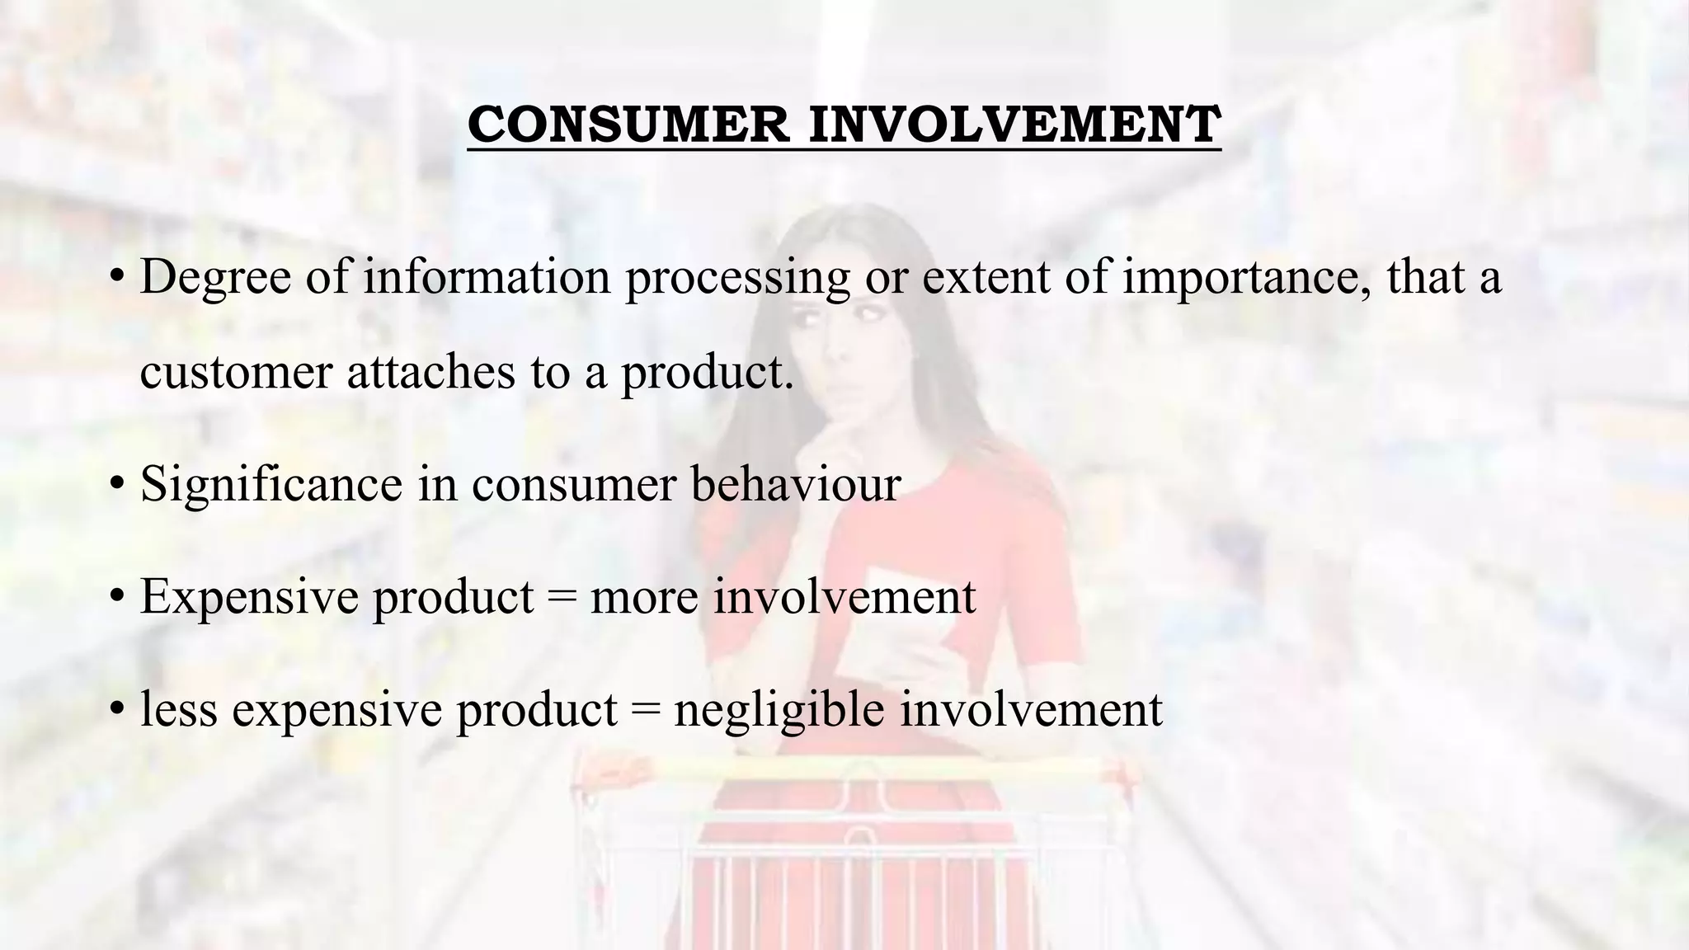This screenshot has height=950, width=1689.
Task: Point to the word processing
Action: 736,278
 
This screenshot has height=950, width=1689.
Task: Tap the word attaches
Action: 430,373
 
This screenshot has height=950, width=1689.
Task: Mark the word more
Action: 644,597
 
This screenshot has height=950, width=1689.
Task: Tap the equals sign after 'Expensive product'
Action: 562,597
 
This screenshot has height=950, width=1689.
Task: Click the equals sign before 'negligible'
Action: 646,709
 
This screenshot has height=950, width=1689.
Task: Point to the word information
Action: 487,278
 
